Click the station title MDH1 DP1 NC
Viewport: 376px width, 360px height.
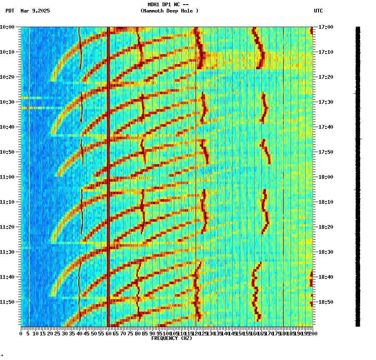pos(165,5)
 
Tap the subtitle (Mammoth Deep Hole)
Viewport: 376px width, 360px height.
pos(169,11)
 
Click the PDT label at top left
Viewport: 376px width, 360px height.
pos(10,11)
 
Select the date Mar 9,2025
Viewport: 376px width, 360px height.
pos(35,11)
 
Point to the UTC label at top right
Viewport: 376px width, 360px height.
pos(318,11)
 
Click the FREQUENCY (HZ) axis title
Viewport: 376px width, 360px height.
pos(172,338)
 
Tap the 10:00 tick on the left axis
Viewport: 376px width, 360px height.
pos(7,27)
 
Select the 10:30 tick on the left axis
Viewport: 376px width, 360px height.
pos(7,102)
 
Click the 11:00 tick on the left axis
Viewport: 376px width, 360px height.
pos(7,177)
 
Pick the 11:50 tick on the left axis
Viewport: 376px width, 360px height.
pos(7,302)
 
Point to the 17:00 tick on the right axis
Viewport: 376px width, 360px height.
pos(326,27)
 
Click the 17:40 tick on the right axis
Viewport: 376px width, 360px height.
pos(326,127)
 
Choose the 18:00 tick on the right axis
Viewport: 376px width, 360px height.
pos(326,177)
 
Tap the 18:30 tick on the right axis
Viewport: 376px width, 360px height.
pos(326,252)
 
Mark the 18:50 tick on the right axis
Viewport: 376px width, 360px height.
pos(326,302)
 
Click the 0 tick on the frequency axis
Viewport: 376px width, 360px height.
pos(21,333)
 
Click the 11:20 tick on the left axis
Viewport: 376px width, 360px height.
pos(7,227)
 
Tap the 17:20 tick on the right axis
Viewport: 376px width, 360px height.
pos(326,77)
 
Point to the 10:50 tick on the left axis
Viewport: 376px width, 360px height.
pos(7,152)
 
